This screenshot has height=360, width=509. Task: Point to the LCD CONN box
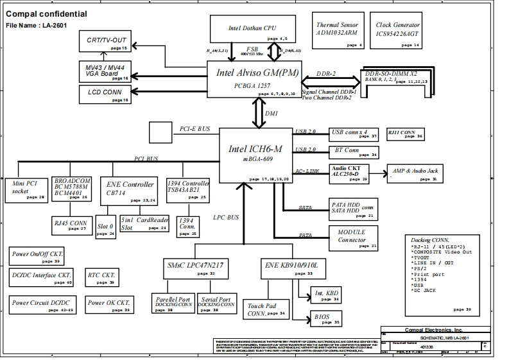click(107, 94)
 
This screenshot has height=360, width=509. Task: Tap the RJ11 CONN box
click(405, 134)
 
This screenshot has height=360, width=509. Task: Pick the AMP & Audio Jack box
click(415, 173)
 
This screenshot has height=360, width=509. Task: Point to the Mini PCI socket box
click(28, 189)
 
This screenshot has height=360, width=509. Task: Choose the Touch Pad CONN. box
click(264, 309)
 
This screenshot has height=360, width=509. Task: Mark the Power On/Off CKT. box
click(37, 257)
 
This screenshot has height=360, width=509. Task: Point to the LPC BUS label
click(226, 218)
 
